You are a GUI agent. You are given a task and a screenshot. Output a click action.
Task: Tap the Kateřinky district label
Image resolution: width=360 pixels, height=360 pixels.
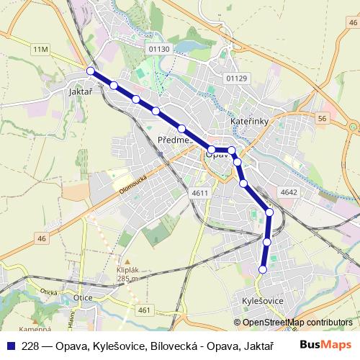tap(249, 122)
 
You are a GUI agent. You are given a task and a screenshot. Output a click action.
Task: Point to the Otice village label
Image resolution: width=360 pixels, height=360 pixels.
tap(84, 297)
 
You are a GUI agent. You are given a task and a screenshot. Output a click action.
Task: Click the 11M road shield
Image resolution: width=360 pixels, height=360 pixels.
tap(40, 48)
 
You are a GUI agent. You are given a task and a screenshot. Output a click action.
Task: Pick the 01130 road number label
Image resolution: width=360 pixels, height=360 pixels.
tap(160, 48)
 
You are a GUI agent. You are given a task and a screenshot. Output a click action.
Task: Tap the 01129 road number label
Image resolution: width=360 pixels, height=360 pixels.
tap(236, 78)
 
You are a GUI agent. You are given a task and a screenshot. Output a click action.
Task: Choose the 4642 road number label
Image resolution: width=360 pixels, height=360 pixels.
tap(289, 192)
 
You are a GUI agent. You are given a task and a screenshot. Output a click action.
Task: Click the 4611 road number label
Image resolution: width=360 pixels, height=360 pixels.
tap(200, 193)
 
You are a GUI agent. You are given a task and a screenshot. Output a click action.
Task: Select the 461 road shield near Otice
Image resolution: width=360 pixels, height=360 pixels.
tap(144, 310)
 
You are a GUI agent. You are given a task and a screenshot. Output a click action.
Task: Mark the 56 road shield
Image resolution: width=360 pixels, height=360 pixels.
tap(321, 118)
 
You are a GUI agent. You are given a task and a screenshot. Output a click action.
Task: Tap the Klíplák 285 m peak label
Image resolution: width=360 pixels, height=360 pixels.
tap(127, 274)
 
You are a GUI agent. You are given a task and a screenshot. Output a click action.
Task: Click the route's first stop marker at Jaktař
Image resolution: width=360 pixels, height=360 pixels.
tap(91, 71)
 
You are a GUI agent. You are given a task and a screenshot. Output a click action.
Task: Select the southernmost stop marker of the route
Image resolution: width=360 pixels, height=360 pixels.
tap(263, 270)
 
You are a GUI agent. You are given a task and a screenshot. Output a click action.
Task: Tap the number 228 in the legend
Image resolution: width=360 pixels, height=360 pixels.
tap(30, 346)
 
